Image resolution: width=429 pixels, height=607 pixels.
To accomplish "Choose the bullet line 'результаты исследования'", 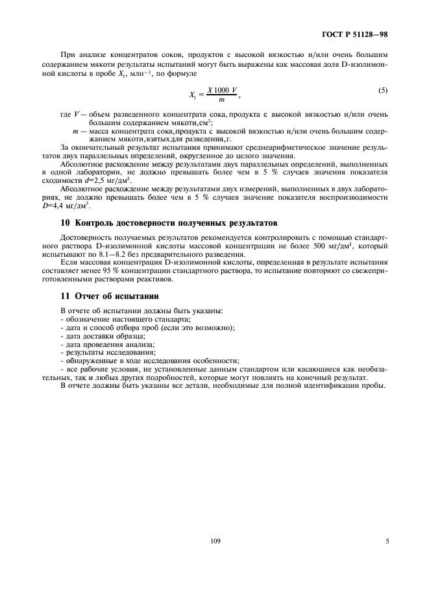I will (107, 352).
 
